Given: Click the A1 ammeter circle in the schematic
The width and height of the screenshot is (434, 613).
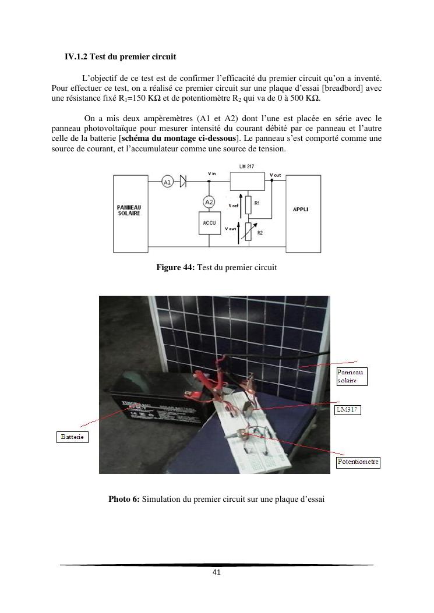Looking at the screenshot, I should pyautogui.click(x=167, y=182).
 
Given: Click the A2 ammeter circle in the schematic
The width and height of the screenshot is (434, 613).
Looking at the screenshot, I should pyautogui.click(x=209, y=202).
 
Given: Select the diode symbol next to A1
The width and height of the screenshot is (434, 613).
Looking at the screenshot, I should pyautogui.click(x=183, y=182).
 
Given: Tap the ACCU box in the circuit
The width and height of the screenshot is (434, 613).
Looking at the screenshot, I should pyautogui.click(x=209, y=224).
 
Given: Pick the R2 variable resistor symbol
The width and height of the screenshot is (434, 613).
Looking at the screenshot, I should pyautogui.click(x=249, y=231).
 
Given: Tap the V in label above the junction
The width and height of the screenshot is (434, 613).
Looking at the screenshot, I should pyautogui.click(x=213, y=174).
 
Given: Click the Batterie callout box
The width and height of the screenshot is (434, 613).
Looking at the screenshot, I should pyautogui.click(x=73, y=437).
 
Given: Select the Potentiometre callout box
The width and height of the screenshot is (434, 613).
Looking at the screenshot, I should pyautogui.click(x=358, y=462).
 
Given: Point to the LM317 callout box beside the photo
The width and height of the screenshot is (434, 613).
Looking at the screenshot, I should pyautogui.click(x=347, y=410).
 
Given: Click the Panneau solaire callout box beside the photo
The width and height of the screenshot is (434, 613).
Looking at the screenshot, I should pyautogui.click(x=352, y=376).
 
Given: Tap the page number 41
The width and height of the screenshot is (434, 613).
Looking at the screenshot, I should pyautogui.click(x=217, y=572).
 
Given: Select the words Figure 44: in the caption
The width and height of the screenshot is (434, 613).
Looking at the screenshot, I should pyautogui.click(x=175, y=267).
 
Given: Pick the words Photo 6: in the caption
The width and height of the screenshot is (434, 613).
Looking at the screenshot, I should pyautogui.click(x=124, y=499).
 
